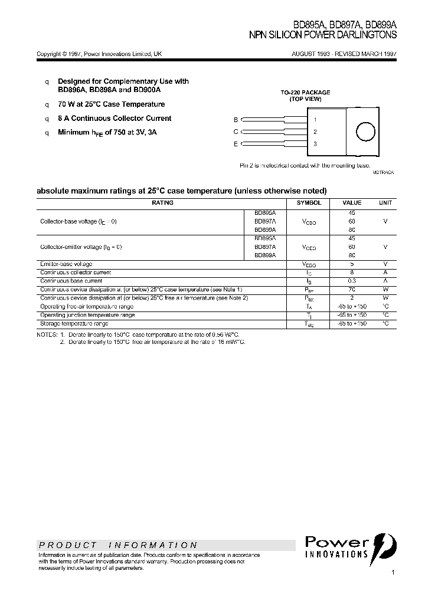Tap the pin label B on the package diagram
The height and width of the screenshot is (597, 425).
coord(236,120)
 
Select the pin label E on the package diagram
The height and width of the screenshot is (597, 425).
coord(236,144)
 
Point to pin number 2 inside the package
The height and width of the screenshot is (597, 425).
coord(315,132)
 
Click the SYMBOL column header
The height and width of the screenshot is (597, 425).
coord(309,202)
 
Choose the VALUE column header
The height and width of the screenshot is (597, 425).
coord(352,202)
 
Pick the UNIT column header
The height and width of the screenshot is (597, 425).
coord(385,202)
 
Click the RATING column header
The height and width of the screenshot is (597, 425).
coord(163,202)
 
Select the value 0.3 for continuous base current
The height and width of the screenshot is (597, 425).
coord(352,281)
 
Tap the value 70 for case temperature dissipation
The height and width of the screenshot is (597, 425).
coord(352,290)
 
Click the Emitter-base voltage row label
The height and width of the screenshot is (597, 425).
coord(66,264)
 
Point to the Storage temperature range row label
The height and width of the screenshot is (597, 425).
coord(74,324)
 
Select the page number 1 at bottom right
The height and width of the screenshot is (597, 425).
coord(393,573)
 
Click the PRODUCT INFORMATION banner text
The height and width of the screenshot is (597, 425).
coord(118,545)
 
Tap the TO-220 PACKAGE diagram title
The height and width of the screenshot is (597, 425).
coord(305,93)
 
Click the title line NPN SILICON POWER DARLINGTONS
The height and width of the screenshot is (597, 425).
coord(323,35)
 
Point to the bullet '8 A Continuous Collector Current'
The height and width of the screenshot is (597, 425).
coord(115,118)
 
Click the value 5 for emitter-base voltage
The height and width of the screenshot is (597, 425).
coord(352,264)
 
